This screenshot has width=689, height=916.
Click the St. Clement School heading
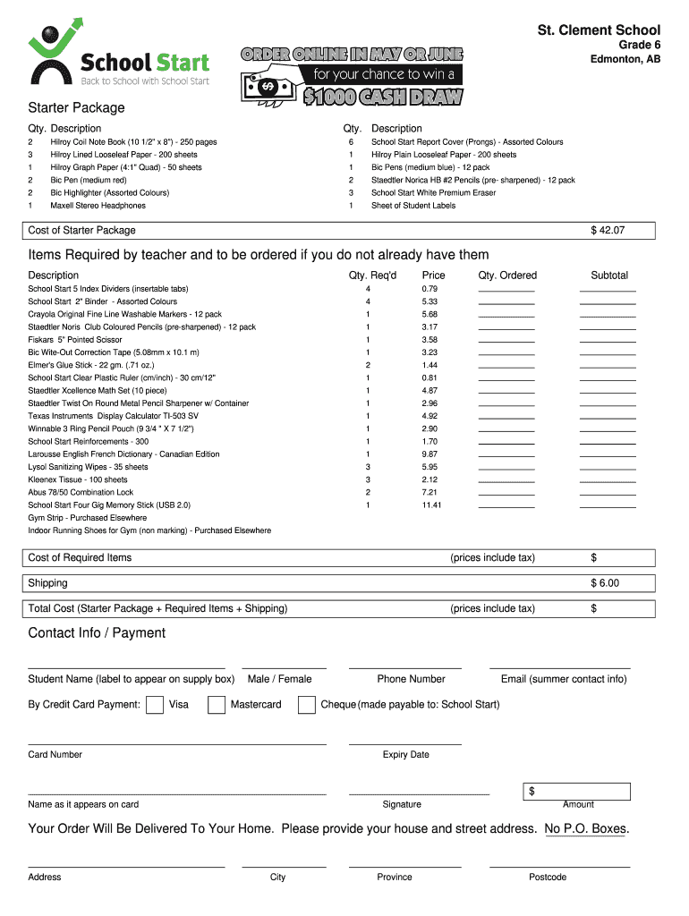[598, 30]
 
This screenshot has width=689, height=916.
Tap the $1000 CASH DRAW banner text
[382, 98]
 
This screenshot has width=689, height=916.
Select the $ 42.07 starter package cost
[607, 231]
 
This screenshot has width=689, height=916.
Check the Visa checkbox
[154, 705]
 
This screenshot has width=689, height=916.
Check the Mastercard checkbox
[217, 705]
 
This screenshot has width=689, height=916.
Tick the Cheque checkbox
[307, 705]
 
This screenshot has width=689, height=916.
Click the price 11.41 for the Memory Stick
[431, 505]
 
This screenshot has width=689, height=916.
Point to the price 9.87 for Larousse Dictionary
[430, 454]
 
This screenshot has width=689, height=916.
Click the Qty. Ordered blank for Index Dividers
[506, 289]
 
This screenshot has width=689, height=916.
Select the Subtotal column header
[608, 276]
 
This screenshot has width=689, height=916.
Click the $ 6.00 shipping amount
[604, 583]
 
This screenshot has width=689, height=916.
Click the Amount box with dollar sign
[577, 792]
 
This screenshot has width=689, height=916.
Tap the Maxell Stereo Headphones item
[98, 206]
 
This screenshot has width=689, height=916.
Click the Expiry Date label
[405, 755]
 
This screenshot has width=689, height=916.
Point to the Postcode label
[547, 878]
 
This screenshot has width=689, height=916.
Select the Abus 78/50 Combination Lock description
[81, 493]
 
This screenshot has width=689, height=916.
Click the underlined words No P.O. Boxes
[585, 829]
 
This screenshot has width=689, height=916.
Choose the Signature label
[401, 805]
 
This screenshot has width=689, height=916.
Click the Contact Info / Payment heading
[97, 633]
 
